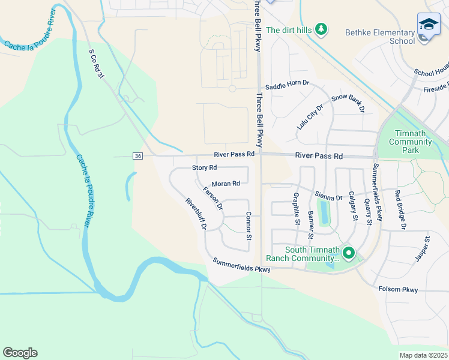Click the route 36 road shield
coord(137,156)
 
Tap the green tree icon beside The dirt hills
coord(321,29)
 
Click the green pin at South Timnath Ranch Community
coord(348,254)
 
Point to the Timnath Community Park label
coord(411,142)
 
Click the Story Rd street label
coord(204,167)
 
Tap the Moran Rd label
coord(226,184)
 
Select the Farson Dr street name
coord(213,199)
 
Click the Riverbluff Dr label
coord(196,214)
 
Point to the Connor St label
coord(248,226)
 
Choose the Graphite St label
coord(297,208)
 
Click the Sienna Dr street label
coord(328,196)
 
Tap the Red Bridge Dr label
coord(400,210)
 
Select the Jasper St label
coord(423,248)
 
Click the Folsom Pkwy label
coord(398,290)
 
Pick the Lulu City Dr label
coord(310,116)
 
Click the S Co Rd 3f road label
coord(97,63)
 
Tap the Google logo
coord(20,353)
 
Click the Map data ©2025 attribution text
coord(423,355)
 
